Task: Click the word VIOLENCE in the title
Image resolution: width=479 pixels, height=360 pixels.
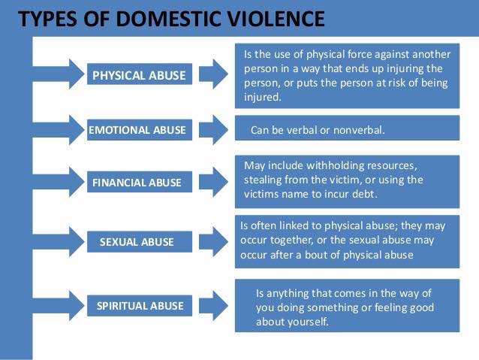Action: (x=276, y=19)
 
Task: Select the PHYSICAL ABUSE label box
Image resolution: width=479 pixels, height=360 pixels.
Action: (x=140, y=74)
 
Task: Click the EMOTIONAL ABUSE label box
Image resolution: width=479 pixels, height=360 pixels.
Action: (x=140, y=130)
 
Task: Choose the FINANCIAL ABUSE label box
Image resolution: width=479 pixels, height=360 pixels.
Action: (x=140, y=182)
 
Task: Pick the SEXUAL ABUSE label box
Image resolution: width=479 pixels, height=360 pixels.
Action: (x=140, y=242)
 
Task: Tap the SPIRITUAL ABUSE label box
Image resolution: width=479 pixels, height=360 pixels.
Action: (x=140, y=306)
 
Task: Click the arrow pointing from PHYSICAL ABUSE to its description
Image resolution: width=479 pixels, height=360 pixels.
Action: (x=213, y=74)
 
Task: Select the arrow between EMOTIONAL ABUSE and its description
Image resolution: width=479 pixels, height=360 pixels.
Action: (x=213, y=130)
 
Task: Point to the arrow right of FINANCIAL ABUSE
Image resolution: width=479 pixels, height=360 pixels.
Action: (x=213, y=182)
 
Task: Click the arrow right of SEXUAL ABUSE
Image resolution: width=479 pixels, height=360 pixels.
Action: (x=213, y=242)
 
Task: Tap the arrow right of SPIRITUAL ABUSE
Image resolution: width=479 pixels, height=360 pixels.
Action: (x=213, y=306)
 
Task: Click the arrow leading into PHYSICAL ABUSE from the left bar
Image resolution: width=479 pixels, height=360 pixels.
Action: (x=58, y=74)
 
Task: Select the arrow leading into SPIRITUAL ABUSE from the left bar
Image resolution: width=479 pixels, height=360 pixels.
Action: (x=58, y=306)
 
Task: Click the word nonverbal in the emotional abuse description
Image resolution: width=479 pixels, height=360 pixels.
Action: (x=359, y=130)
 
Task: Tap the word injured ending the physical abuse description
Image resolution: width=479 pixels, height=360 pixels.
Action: (x=263, y=97)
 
